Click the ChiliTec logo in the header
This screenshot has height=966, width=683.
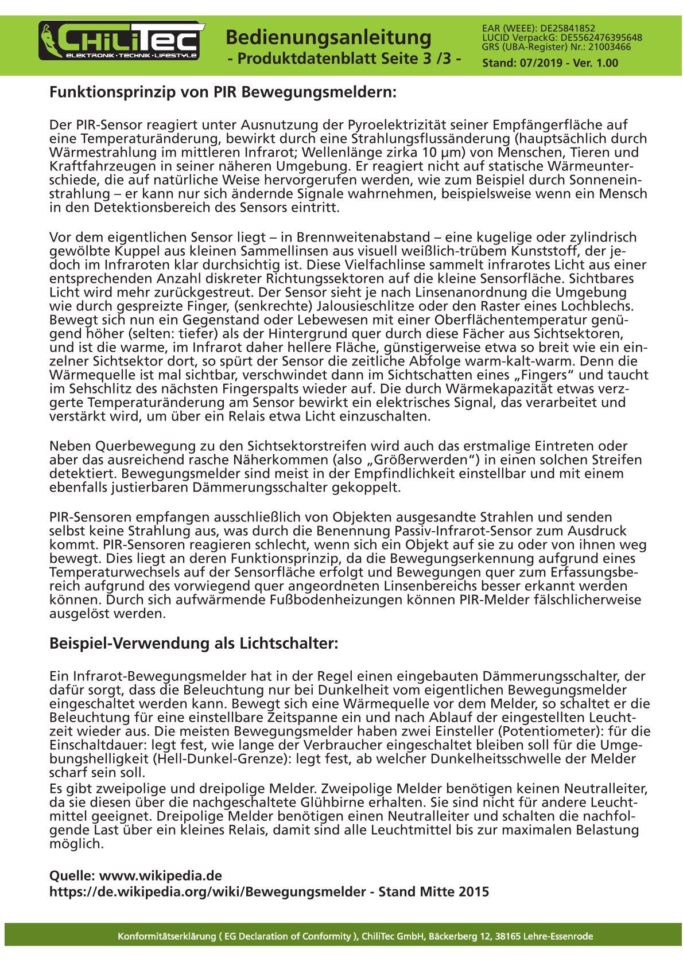click(121, 41)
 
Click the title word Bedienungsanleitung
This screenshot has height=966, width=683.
click(328, 38)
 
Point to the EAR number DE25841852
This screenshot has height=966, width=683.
click(568, 28)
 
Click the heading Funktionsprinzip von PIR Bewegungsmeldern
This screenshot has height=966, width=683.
click(223, 92)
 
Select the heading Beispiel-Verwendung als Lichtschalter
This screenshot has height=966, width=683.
click(193, 644)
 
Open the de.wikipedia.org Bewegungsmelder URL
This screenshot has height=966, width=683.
click(207, 892)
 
